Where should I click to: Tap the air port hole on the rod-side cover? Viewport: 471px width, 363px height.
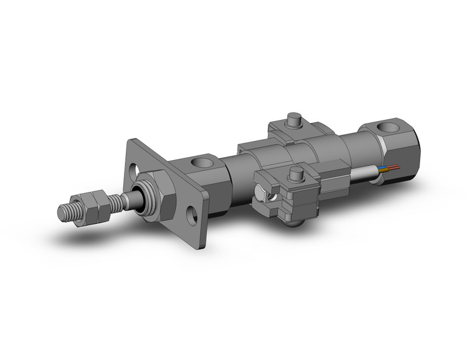point(202,163)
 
